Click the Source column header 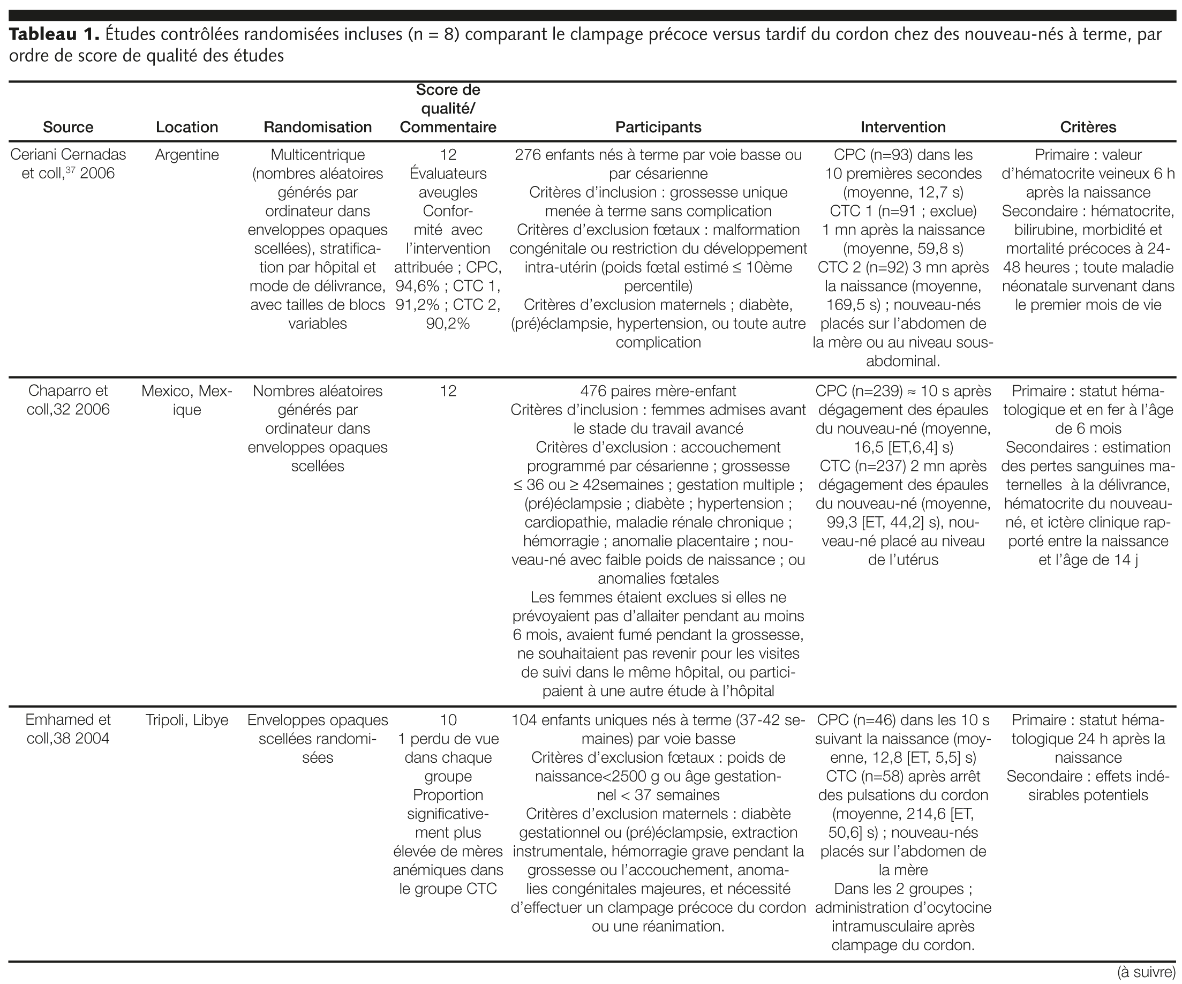[x=68, y=127]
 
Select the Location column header [x=187, y=127]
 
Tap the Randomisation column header [x=318, y=127]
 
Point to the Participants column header [x=658, y=127]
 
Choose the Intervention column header [x=903, y=127]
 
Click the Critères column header [x=1088, y=127]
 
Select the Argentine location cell [x=187, y=155]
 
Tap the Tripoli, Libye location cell [x=187, y=720]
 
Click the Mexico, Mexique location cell [x=187, y=400]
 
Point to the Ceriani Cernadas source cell [x=68, y=164]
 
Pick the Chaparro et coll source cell [x=68, y=400]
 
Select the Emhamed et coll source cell [x=68, y=729]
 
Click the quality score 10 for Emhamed [x=448, y=720]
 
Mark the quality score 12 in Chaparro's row [x=448, y=391]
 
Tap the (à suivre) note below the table [x=1146, y=972]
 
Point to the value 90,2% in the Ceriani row [x=448, y=324]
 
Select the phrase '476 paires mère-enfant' [x=658, y=391]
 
